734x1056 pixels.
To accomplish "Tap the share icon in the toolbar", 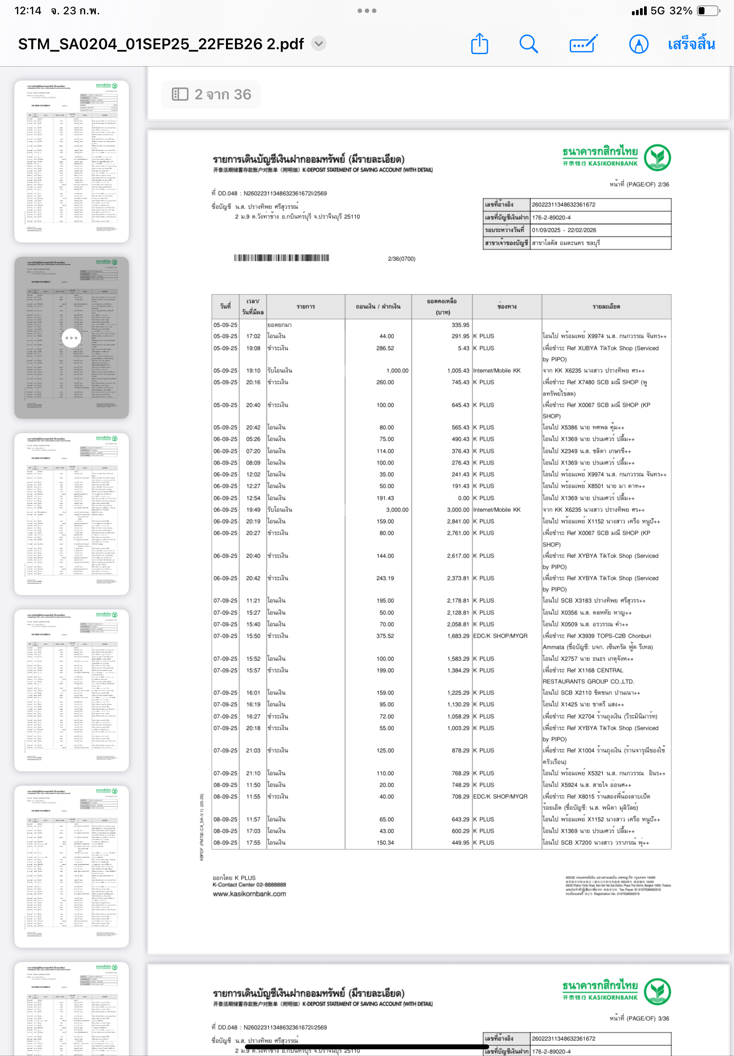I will point(479,44).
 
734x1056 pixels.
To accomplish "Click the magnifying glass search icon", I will point(529,44).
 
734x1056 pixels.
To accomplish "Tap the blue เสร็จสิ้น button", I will point(691,44).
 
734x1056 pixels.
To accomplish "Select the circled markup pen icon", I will point(638,44).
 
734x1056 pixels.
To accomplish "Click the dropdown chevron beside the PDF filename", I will point(319,44).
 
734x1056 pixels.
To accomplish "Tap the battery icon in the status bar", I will point(708,11).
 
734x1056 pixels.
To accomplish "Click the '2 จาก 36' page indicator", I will point(212,94).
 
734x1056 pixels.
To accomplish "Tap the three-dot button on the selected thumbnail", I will point(71,338).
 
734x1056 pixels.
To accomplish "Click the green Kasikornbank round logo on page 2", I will point(657,157).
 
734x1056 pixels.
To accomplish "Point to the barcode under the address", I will point(282,258).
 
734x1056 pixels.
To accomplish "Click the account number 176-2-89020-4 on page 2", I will point(551,217).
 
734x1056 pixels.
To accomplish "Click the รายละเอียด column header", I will point(606,307).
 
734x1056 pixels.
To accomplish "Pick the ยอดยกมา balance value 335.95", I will point(460,325).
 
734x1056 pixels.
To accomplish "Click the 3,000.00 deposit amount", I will point(397,510).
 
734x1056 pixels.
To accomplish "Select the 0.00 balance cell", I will point(463,498).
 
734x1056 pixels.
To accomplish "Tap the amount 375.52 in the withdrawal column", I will point(385,636).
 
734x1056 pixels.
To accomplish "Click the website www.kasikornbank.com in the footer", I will point(249,894).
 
